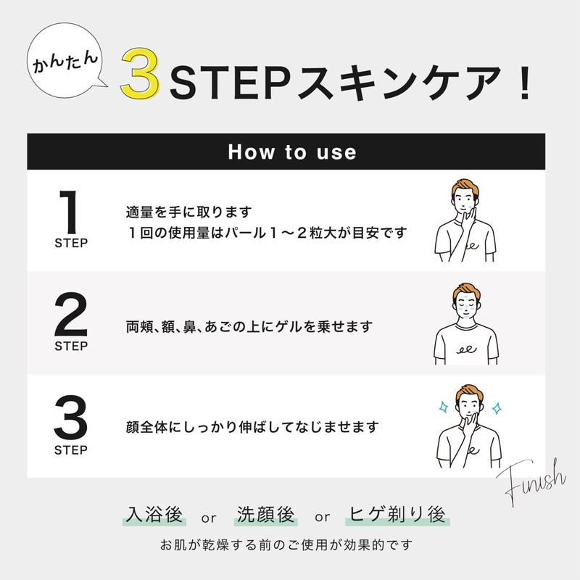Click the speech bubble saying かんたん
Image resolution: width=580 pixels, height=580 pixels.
(x=65, y=64)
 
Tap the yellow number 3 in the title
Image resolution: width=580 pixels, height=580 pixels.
(x=141, y=75)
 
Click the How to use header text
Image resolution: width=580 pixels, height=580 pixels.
(x=292, y=152)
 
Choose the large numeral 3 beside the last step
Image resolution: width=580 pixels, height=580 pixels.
(x=71, y=418)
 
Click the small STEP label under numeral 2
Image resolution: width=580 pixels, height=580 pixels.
(x=71, y=347)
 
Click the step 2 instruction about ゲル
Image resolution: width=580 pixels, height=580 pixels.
(x=249, y=327)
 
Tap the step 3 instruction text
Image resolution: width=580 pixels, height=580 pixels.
(x=252, y=427)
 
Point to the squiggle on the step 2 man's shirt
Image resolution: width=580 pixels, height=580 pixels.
(x=465, y=349)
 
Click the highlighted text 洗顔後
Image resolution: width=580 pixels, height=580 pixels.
(x=266, y=515)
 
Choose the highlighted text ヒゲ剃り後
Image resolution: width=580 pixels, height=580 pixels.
(x=397, y=515)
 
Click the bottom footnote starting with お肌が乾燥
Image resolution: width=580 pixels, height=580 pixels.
(x=289, y=544)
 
